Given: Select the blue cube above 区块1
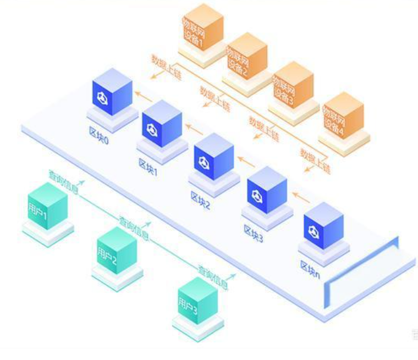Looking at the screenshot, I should [162, 124].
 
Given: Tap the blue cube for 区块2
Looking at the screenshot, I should [214, 156].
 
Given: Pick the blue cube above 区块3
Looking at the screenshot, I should [267, 190].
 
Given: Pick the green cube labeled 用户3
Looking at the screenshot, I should [196, 301].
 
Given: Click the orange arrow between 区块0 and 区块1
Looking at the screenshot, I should [145, 98].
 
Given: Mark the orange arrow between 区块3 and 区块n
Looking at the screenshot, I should [301, 195].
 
